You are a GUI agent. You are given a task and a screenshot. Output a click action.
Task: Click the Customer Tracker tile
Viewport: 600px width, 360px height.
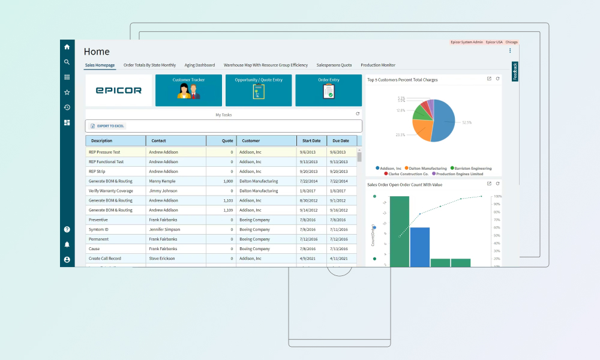click(x=188, y=91)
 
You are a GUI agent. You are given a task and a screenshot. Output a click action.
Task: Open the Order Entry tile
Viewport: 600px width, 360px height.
click(x=329, y=91)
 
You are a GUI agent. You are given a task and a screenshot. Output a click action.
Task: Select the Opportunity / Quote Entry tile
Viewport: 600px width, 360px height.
click(x=259, y=91)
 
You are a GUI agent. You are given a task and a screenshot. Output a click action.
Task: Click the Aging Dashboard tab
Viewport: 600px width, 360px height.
click(x=199, y=65)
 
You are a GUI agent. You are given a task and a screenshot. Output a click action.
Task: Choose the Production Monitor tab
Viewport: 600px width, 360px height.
click(x=378, y=65)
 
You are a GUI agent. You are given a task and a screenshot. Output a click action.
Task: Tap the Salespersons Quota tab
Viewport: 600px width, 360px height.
click(x=334, y=65)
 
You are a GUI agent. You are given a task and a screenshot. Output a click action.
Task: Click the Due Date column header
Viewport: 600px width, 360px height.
click(x=341, y=140)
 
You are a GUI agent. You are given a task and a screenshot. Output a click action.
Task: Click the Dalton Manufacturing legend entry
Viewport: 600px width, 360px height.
click(x=428, y=169)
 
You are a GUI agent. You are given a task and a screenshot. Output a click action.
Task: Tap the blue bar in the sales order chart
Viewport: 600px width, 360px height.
click(x=420, y=246)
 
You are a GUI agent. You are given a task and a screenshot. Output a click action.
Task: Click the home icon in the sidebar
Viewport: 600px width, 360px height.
click(x=67, y=47)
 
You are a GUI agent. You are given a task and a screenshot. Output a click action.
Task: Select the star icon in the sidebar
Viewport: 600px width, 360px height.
click(x=67, y=92)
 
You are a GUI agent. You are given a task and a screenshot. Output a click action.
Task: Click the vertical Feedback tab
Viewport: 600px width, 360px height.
click(x=515, y=71)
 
